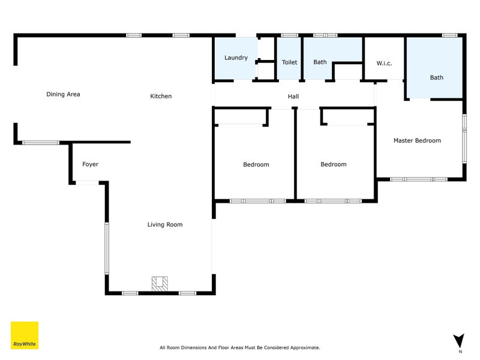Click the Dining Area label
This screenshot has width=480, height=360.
pyautogui.click(x=63, y=94)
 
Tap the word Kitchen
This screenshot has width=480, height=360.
pyautogui.click(x=161, y=96)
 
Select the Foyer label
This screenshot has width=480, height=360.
pyautogui.click(x=90, y=164)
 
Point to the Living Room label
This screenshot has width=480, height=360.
pyautogui.click(x=165, y=224)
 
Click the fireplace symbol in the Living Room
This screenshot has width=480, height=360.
pyautogui.click(x=160, y=283)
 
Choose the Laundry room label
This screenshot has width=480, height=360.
pyautogui.click(x=236, y=58)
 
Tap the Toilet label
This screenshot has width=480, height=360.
pyautogui.click(x=290, y=62)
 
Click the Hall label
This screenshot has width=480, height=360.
pyautogui.click(x=293, y=96)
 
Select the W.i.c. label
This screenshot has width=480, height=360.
pyautogui.click(x=384, y=62)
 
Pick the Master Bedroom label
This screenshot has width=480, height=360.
pyautogui.click(x=417, y=140)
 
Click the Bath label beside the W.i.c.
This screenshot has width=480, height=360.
pyautogui.click(x=436, y=77)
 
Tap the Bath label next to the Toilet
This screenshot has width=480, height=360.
pyautogui.click(x=320, y=62)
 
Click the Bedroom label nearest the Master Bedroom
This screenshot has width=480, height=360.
pyautogui.click(x=333, y=164)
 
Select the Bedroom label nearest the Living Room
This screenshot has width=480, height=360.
pyautogui.click(x=256, y=164)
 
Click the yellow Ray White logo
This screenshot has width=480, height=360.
pyautogui.click(x=25, y=335)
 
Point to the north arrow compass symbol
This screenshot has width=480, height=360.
pyautogui.click(x=459, y=341)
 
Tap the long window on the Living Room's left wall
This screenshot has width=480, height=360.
pyautogui.click(x=107, y=249)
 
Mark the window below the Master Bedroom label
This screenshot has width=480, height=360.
pyautogui.click(x=419, y=179)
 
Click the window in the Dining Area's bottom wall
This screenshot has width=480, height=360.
pyautogui.click(x=40, y=142)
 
